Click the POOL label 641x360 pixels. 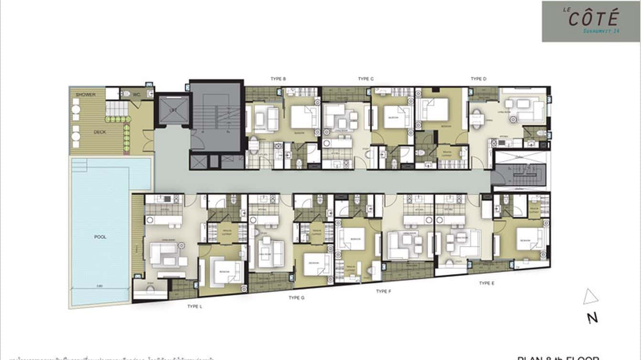coord(100,237)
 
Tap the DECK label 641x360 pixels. coord(100,132)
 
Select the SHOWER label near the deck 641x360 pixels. coord(85,95)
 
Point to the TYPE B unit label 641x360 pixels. coord(278,79)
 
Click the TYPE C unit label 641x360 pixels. coord(366,79)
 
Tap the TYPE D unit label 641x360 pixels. coord(478,79)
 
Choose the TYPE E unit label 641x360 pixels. coord(487,283)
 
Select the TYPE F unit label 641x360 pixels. coord(384,291)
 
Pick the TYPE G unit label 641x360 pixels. coord(297,298)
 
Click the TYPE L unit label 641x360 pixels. coord(195,307)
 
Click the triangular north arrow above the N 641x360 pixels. coord(590,297)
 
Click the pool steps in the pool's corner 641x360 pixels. coord(79,165)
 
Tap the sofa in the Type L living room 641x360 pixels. coord(162,254)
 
